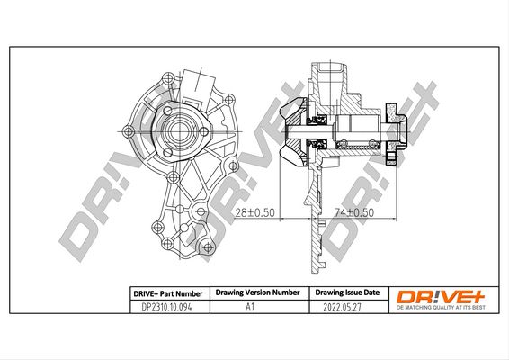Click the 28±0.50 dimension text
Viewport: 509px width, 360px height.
(x=254, y=212)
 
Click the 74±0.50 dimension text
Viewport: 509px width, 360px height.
(x=354, y=212)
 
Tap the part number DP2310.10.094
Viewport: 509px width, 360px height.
(x=167, y=307)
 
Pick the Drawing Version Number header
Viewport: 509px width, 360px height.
(x=258, y=292)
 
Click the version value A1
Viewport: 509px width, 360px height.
(x=250, y=306)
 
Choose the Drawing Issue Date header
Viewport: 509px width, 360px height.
(x=347, y=292)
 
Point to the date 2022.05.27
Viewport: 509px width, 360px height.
(x=342, y=307)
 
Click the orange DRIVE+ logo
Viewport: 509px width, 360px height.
(x=441, y=297)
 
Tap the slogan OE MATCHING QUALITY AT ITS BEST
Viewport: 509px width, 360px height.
(x=441, y=308)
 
